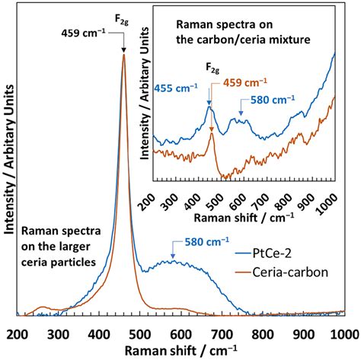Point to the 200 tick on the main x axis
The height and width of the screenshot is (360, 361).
(x=17, y=333)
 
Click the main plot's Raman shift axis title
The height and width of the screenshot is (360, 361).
(x=179, y=350)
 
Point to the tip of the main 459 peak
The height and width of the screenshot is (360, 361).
(x=123, y=55)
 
